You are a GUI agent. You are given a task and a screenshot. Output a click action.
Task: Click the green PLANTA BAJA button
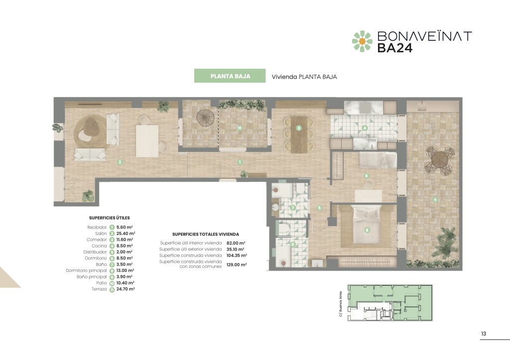tap(230, 76)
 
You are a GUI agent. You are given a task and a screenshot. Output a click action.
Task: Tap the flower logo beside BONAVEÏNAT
tap(362, 41)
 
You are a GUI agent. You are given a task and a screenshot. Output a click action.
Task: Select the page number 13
tap(484, 334)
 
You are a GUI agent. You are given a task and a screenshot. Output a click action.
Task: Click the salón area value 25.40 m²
tap(126, 234)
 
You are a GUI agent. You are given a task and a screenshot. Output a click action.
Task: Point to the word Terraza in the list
tap(99, 289)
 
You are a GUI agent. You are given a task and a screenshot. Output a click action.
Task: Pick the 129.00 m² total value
tap(237, 265)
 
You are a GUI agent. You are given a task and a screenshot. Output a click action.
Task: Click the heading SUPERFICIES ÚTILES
tap(109, 218)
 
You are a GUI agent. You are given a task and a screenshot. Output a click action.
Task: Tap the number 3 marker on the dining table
tap(299, 128)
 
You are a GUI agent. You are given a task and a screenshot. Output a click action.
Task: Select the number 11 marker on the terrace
tap(435, 200)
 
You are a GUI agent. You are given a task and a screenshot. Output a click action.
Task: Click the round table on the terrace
tap(440, 160)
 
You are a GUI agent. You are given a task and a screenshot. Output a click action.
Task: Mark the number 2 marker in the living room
tap(120, 162)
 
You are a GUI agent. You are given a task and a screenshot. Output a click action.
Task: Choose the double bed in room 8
tap(367, 225)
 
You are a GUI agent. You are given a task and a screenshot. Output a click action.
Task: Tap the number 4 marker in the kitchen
tap(365, 128)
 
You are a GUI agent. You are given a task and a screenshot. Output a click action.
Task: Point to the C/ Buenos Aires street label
tap(340, 304)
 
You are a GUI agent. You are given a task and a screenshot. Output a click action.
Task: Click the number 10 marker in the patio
tap(240, 128)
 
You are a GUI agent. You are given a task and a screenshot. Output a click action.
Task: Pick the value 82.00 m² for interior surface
tap(236, 243)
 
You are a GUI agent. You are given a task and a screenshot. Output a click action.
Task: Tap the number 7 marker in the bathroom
tap(293, 208)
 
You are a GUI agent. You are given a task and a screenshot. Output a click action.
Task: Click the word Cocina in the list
tap(99, 246)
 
